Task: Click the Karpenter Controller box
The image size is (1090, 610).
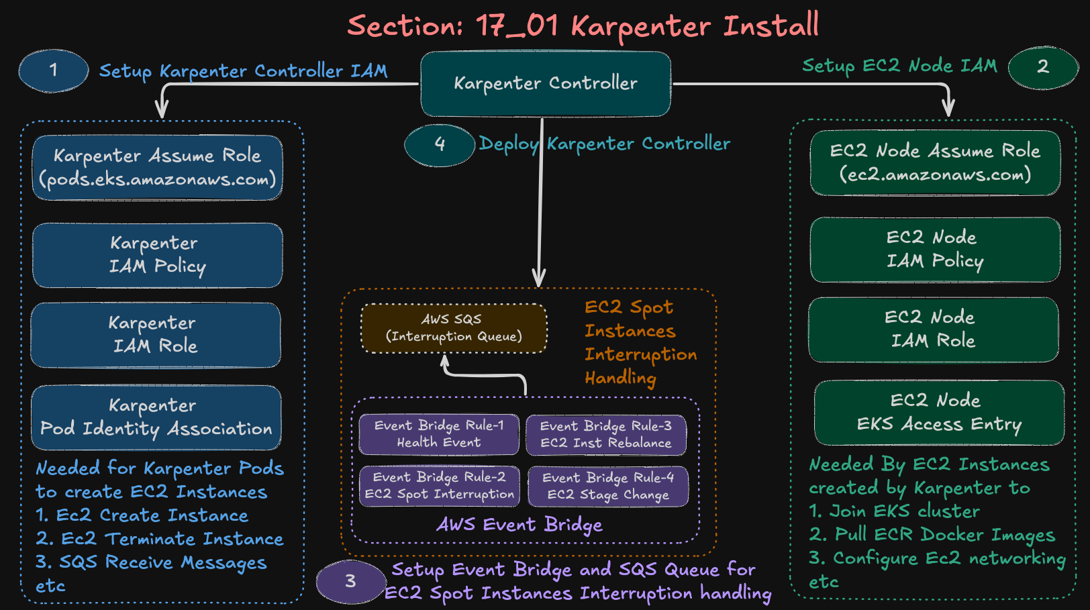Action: point(545,84)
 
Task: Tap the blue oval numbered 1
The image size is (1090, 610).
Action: point(54,70)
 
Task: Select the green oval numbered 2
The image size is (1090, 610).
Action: point(1042,67)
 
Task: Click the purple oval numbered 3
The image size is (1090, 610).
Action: point(350,581)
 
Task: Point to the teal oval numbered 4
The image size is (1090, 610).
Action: point(440,144)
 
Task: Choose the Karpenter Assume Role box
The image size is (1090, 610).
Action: point(157,168)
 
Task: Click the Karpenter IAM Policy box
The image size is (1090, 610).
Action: point(157,255)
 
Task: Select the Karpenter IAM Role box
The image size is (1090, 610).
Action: point(156,335)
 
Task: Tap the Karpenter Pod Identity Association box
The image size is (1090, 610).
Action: point(156,417)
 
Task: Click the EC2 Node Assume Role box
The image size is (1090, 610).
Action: point(935,163)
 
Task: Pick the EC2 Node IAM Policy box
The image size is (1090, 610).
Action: point(935,249)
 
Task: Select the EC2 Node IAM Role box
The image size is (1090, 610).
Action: point(933,329)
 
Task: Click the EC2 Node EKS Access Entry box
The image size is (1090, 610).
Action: point(939,412)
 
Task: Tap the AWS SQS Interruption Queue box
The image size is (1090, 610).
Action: point(454,328)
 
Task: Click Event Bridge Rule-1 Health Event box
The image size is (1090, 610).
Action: point(439,434)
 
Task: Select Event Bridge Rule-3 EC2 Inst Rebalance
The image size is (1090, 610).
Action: point(605,434)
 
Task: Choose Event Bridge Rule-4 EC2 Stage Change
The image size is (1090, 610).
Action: point(607,486)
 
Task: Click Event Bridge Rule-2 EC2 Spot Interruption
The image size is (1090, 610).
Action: point(440,486)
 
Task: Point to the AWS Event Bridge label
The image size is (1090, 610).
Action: point(519,525)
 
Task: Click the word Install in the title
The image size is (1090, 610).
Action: point(771,26)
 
